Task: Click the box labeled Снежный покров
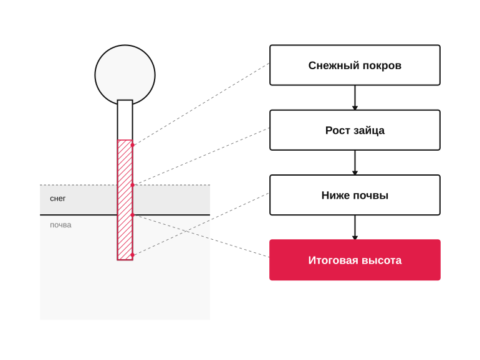coord(355,65)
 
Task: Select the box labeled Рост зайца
coord(355,130)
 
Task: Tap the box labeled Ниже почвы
coord(355,195)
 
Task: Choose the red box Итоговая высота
coord(355,260)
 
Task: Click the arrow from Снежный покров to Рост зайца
coord(355,98)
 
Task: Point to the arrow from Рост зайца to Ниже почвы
coord(355,163)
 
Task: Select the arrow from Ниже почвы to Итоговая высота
coord(355,227)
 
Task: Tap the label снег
coord(57,199)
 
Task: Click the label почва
coord(60,225)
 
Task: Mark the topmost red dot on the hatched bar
coord(133,145)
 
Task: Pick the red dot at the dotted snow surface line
coord(133,185)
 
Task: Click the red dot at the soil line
coord(133,215)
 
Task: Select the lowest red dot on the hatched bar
coord(133,255)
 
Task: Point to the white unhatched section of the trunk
coord(125,120)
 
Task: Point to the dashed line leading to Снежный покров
coord(201,104)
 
